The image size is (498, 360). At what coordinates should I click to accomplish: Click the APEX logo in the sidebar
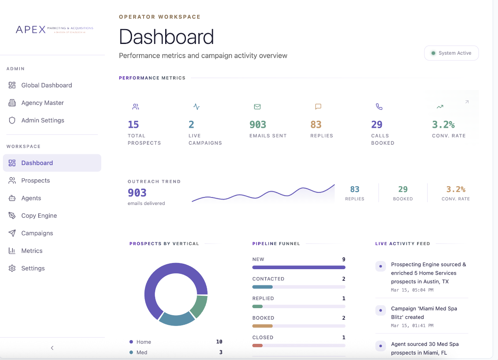click(54, 29)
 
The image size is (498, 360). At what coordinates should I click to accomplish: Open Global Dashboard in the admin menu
click(46, 85)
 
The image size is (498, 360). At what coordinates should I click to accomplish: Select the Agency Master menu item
click(42, 103)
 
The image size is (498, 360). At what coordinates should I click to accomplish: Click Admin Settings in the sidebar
click(42, 120)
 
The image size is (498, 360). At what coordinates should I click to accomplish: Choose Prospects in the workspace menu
click(35, 180)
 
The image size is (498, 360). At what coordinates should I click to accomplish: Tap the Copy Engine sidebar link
click(39, 216)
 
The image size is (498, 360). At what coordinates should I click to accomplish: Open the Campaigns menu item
click(37, 233)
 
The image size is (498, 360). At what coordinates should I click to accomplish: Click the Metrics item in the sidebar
click(32, 251)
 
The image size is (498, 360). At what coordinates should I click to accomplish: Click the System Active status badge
click(451, 53)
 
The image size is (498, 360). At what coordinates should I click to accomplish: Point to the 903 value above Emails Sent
click(258, 124)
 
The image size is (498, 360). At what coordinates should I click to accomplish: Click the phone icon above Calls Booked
click(379, 107)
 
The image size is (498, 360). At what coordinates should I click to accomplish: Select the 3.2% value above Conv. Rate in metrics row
click(443, 124)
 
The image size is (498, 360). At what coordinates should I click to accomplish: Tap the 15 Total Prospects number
click(133, 124)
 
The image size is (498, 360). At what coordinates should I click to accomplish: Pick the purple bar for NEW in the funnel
click(298, 268)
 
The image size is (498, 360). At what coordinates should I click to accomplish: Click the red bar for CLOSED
click(257, 345)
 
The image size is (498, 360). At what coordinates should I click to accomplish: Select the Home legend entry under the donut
click(144, 342)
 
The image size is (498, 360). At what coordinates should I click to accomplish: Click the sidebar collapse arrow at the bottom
click(52, 348)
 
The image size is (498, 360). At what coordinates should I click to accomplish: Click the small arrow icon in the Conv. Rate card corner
click(466, 102)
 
